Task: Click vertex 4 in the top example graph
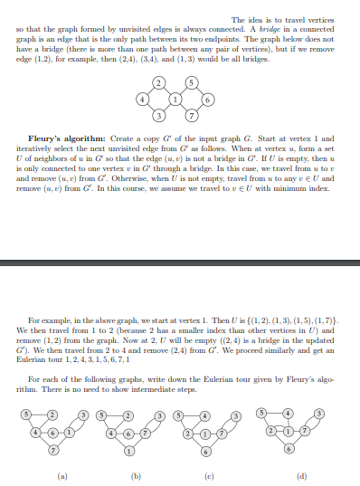141,97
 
